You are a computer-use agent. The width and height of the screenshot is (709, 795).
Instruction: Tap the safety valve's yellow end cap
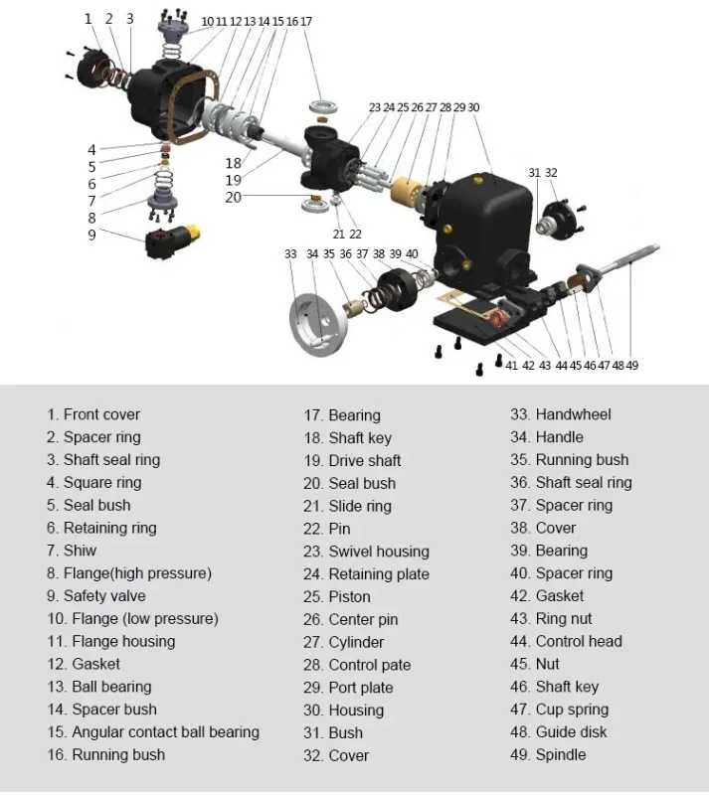[x=193, y=233]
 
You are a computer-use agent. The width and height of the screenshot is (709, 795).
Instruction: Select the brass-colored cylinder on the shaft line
[x=407, y=189]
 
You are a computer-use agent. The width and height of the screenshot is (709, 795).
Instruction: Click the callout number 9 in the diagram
[x=91, y=235]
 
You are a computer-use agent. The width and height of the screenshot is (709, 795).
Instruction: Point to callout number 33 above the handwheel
[x=290, y=254]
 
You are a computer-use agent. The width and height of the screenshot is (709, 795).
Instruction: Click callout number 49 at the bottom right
[x=631, y=365]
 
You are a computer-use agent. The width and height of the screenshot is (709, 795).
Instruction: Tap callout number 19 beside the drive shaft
[x=233, y=180]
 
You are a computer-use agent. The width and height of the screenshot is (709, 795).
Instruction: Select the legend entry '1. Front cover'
[x=93, y=414]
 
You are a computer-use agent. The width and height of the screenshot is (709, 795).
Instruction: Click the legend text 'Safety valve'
[x=104, y=595]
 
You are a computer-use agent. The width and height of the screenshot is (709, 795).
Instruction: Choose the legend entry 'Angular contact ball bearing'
[x=165, y=732]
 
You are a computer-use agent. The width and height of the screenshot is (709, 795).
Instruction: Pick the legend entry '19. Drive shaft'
[x=352, y=460]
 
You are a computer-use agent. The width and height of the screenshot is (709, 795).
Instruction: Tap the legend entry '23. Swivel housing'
[x=366, y=552]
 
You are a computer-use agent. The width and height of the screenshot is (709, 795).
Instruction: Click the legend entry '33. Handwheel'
[x=561, y=414]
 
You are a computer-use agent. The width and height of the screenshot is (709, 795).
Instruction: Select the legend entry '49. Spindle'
[x=548, y=754]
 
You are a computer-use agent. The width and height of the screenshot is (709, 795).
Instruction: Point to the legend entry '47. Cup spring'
[x=559, y=710]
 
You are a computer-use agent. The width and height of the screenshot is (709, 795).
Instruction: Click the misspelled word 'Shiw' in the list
[x=81, y=551]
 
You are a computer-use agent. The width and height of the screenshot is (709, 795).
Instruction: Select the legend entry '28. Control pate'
[x=357, y=665]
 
